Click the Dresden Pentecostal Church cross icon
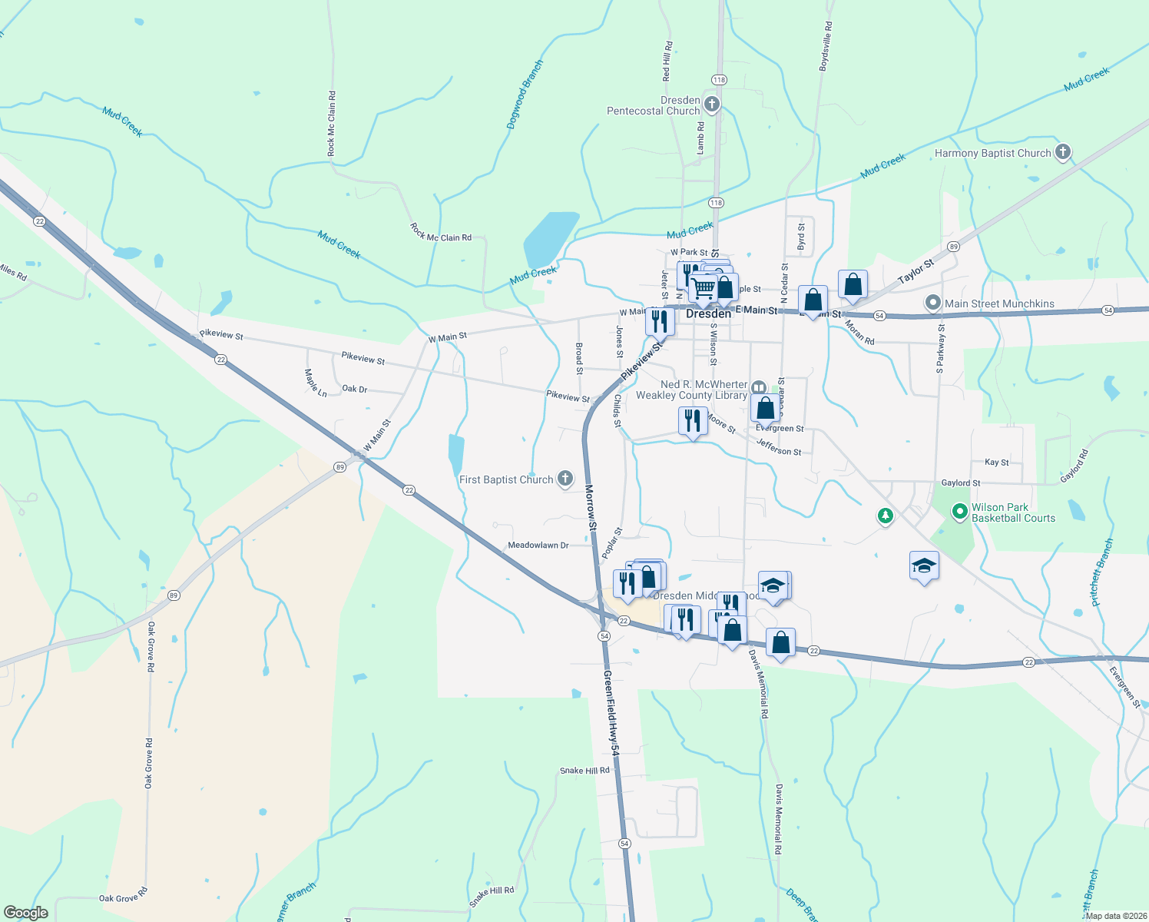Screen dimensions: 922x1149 712,104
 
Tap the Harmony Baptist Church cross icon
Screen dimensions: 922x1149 1063,152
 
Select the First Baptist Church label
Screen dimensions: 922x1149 506,479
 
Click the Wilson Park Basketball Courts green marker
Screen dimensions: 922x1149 959,511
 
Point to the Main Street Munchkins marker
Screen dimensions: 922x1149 933,303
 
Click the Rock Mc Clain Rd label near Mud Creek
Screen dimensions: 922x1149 441,234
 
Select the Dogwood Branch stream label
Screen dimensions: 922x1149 525,94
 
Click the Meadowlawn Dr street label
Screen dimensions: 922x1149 538,545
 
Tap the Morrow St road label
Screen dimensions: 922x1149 590,508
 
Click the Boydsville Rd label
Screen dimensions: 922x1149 826,47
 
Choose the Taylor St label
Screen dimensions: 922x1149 916,270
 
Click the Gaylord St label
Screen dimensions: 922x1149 961,483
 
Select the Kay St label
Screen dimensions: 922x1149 997,463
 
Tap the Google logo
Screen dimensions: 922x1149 26,913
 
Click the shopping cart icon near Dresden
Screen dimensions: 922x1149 704,289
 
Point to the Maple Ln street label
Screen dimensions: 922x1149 316,383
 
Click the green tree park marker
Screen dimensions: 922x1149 886,516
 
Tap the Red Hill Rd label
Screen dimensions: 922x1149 667,61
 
